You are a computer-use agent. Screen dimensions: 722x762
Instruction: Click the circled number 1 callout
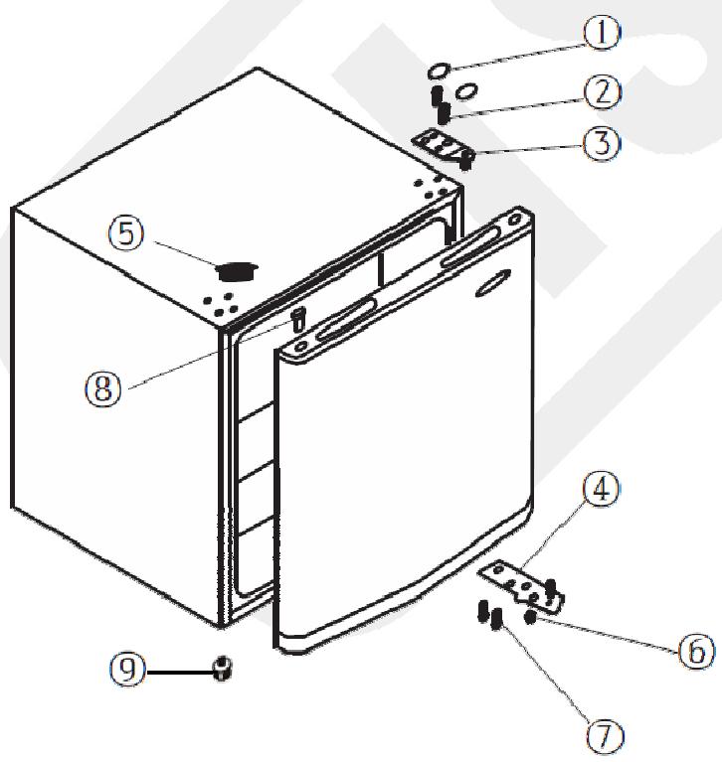600,34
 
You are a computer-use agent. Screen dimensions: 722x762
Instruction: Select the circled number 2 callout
602,92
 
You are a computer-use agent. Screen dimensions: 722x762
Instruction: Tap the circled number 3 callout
602,142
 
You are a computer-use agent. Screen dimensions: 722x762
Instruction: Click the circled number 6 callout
695,651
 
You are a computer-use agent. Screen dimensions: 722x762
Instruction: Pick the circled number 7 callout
604,735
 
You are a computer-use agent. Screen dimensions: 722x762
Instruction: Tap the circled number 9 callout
125,671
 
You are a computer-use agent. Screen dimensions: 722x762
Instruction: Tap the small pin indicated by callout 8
295,320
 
